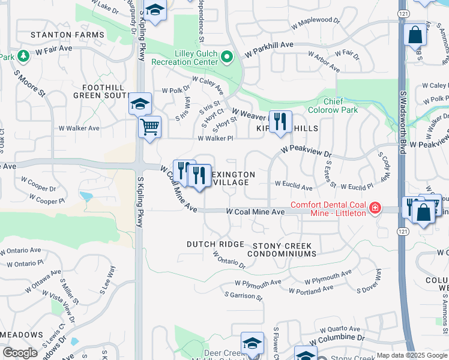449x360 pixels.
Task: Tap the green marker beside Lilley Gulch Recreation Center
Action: point(227,58)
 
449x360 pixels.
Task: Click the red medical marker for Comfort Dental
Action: point(375,208)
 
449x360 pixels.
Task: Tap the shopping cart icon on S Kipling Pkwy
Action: point(149,127)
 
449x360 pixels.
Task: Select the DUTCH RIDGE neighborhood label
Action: point(215,244)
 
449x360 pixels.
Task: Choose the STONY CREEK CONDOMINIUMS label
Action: point(284,250)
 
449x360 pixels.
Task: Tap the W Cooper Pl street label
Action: point(46,200)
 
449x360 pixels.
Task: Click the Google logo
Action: point(20,353)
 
